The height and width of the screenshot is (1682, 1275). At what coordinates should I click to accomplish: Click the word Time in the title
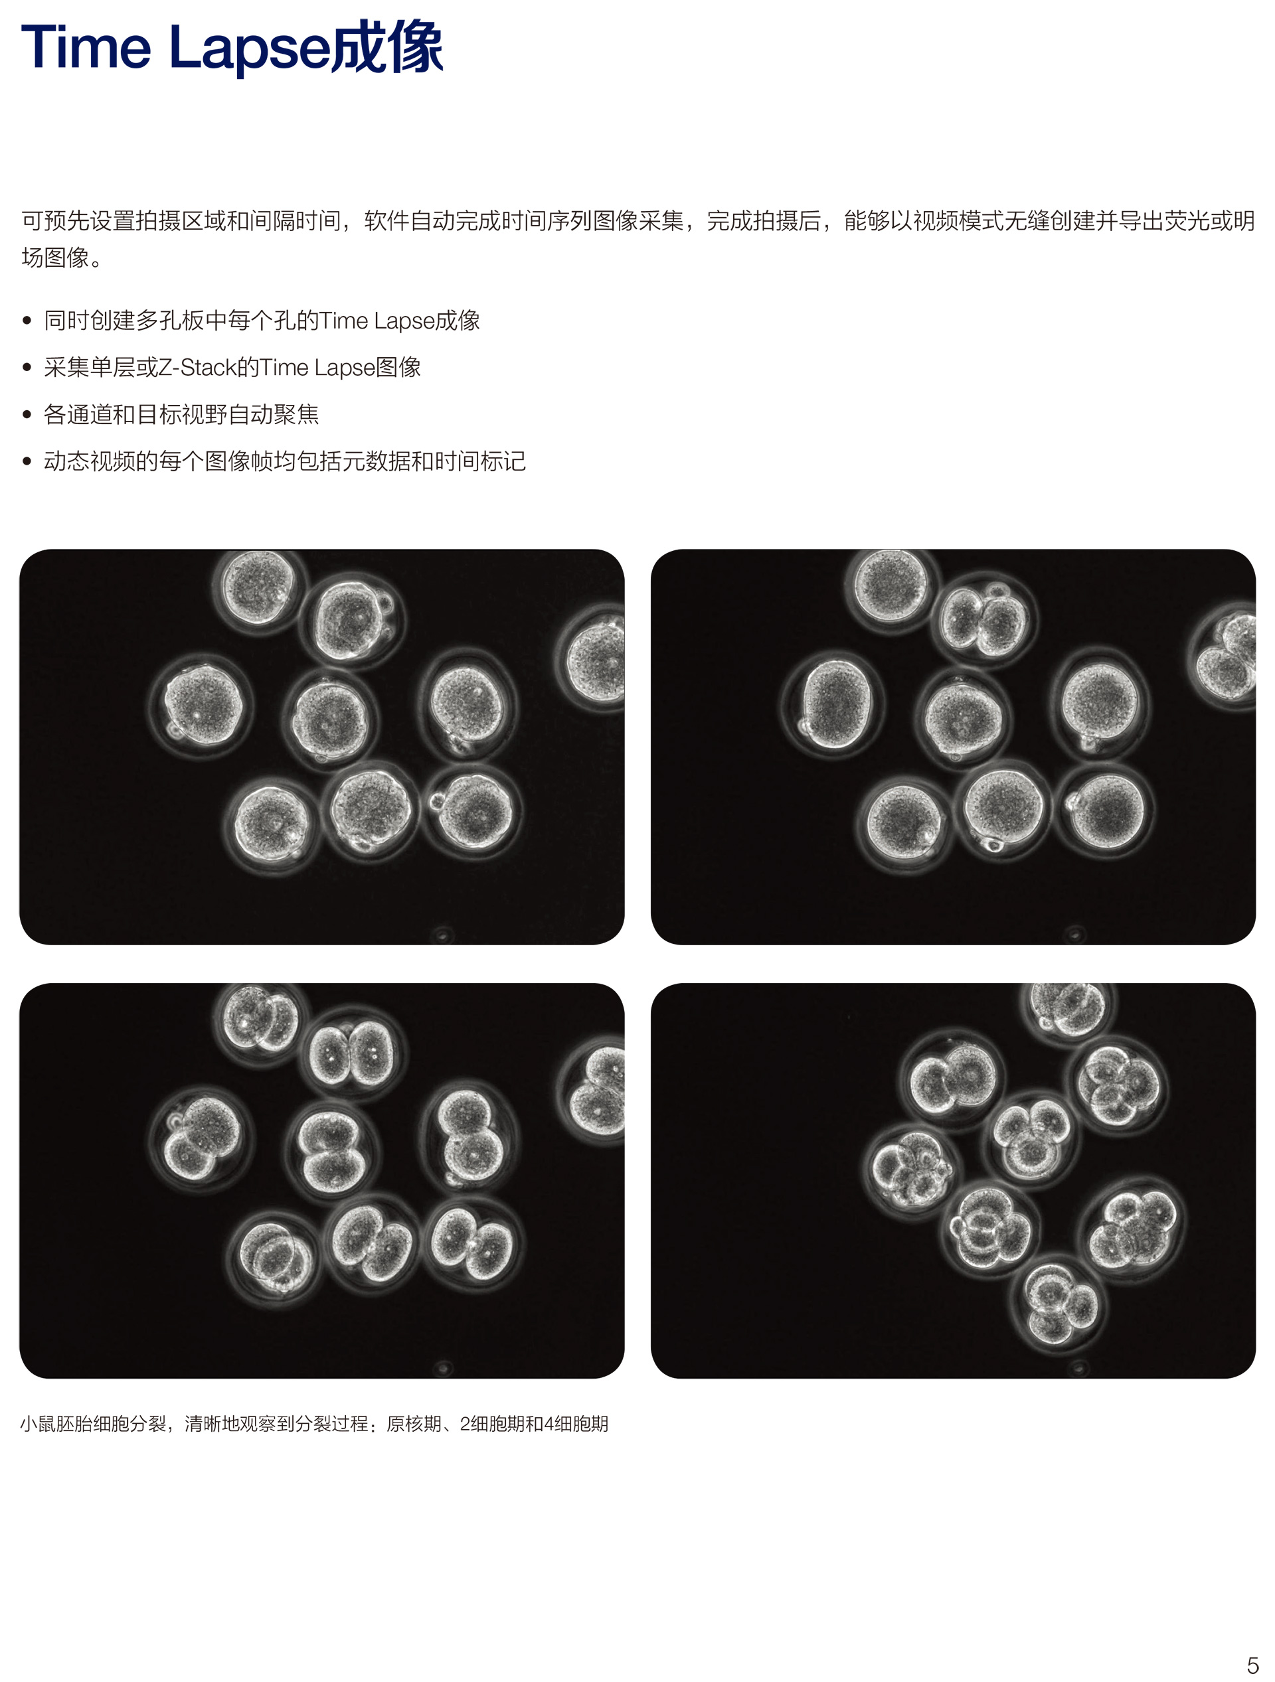tap(85, 47)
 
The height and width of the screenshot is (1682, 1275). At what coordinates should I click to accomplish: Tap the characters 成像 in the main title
tap(388, 47)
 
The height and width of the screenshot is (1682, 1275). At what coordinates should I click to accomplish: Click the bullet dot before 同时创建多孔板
tap(27, 321)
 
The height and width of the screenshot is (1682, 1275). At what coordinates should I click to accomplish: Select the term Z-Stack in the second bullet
tap(197, 368)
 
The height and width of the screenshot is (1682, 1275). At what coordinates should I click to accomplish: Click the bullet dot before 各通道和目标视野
tap(27, 415)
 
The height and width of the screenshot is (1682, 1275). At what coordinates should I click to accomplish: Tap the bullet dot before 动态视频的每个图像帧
tap(27, 461)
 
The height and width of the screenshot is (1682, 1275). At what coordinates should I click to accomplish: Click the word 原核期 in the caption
tap(413, 1424)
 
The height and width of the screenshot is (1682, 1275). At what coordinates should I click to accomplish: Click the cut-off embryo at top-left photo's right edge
tap(596, 658)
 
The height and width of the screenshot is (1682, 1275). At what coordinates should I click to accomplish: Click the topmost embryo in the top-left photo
tap(256, 586)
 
